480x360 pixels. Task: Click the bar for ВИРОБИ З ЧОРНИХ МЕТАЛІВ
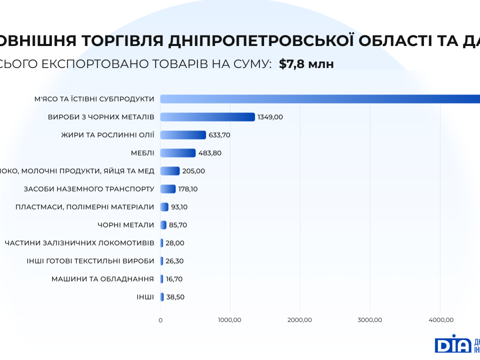(207, 117)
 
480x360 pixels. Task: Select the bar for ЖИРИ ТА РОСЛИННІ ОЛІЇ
(183, 135)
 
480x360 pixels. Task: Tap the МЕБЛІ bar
(178, 153)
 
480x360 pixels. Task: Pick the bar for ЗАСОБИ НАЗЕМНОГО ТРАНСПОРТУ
(168, 189)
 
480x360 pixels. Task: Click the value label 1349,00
(270, 117)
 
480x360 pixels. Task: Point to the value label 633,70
(219, 135)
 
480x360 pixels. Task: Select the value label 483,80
(209, 153)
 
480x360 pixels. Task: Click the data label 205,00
(193, 171)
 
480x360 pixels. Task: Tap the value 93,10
(179, 207)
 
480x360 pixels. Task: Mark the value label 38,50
(175, 297)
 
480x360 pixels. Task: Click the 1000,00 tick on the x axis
(230, 320)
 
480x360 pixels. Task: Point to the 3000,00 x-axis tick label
(370, 320)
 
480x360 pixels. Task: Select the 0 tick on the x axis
(160, 320)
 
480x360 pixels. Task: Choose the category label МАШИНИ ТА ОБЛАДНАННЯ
(102, 279)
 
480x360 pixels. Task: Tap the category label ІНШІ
(145, 297)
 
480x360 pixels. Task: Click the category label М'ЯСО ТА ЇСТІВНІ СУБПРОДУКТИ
(94, 99)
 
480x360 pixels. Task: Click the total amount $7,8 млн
(306, 64)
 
